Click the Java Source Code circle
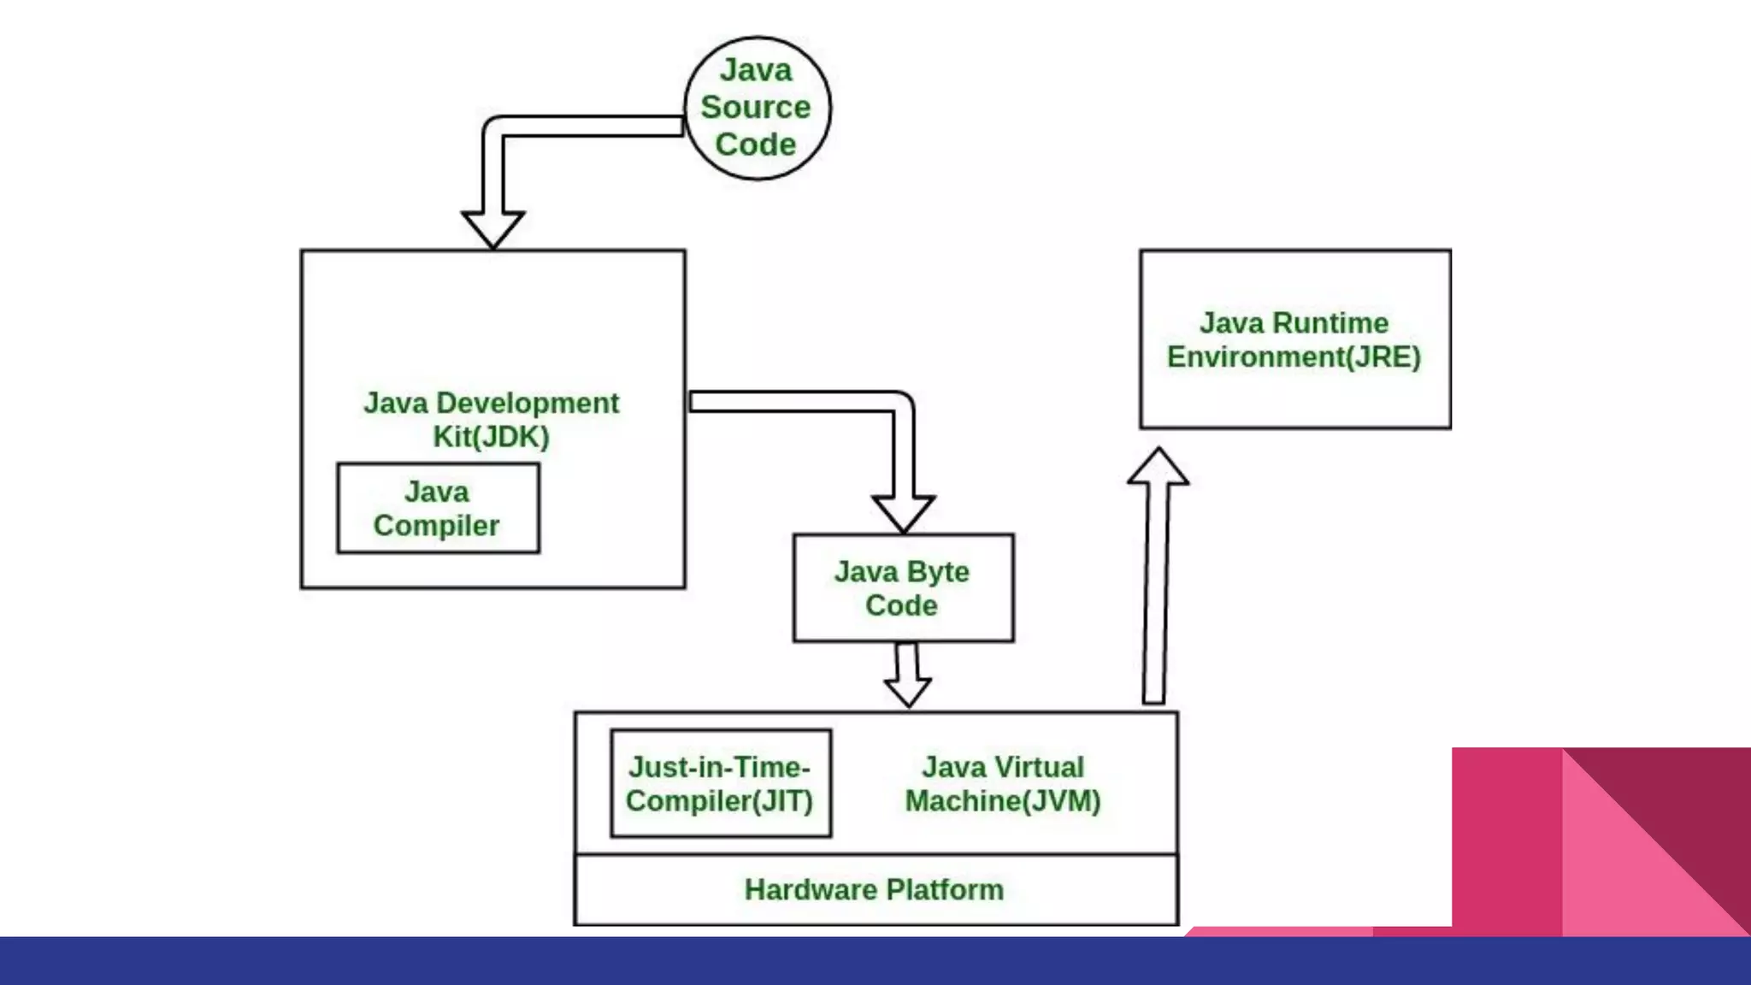[757, 108]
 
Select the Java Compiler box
[438, 509]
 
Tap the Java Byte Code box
[903, 588]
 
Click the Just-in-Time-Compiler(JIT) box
[720, 783]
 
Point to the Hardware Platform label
[874, 890]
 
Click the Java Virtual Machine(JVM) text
[1003, 784]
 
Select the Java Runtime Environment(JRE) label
[1294, 339]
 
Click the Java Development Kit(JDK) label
[492, 419]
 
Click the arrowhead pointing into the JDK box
[492, 228]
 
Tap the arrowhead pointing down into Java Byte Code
[903, 512]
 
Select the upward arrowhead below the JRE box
[1158, 467]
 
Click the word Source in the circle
[756, 108]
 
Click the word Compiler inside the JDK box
[436, 526]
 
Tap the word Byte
[938, 572]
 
